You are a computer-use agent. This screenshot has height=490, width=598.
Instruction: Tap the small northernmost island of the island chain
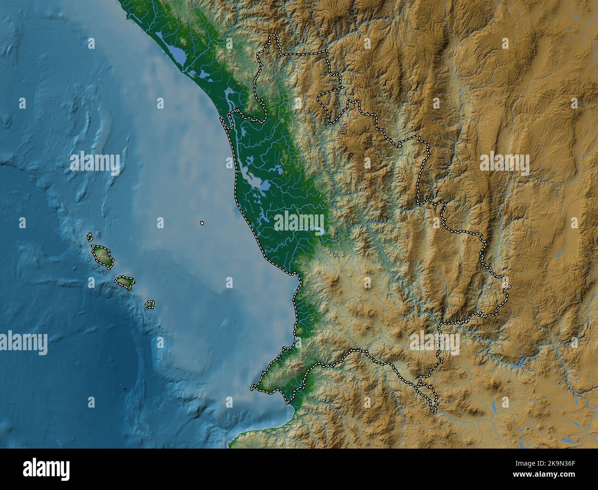(90, 237)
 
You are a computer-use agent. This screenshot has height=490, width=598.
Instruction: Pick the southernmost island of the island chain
(149, 304)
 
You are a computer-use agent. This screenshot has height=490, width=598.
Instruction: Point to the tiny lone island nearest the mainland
(202, 224)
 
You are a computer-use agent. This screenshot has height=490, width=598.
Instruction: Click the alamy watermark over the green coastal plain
(299, 221)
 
